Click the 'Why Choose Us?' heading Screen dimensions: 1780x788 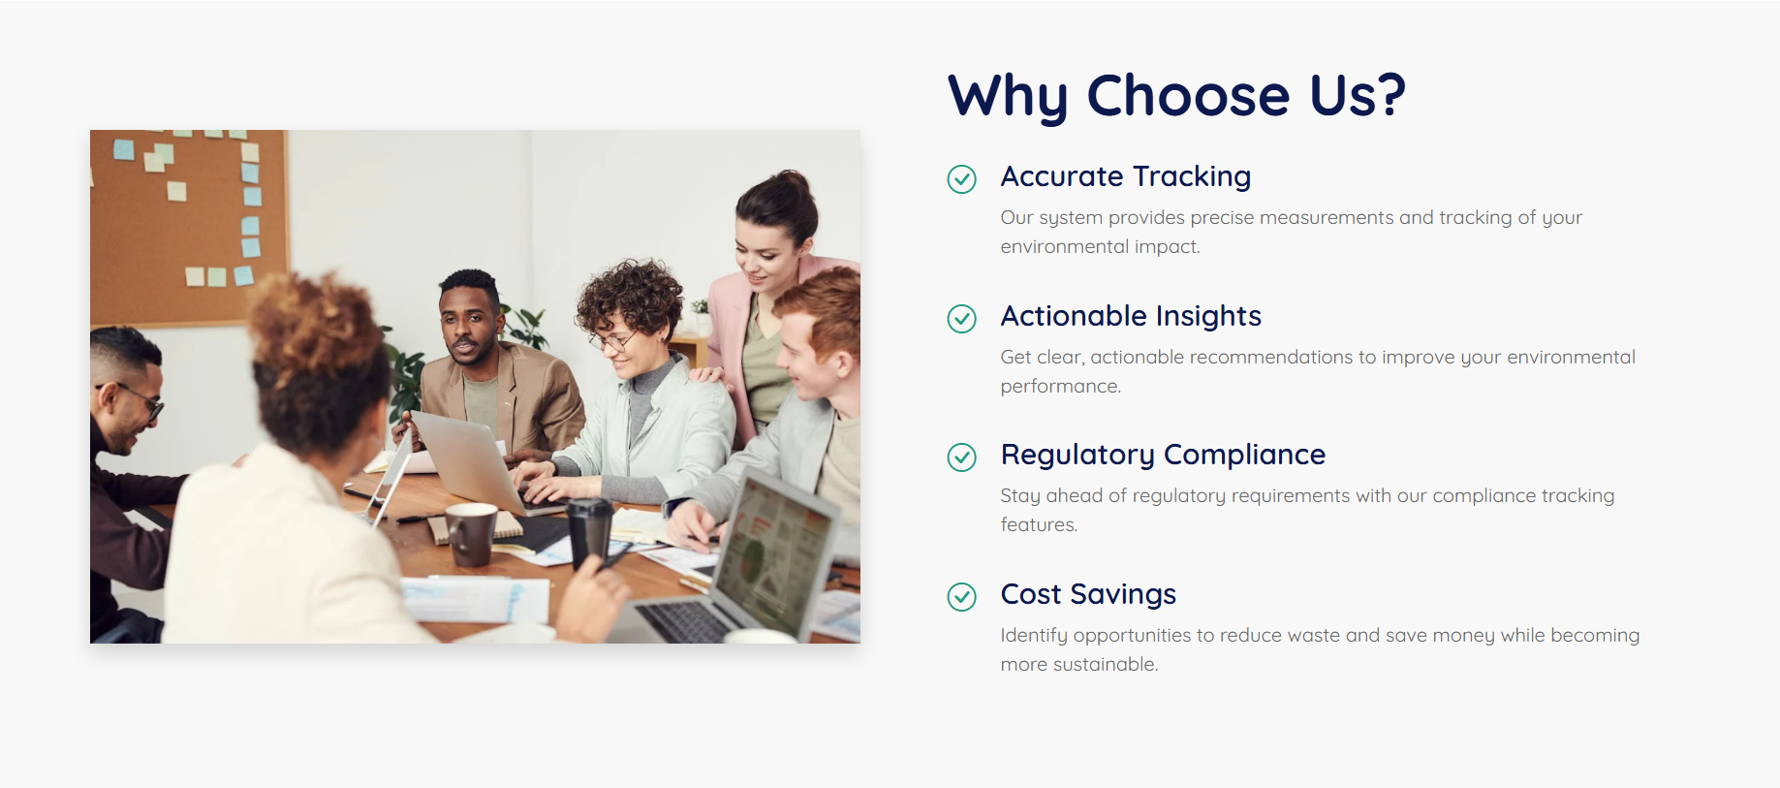(1176, 96)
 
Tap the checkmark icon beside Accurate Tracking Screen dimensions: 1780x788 (961, 179)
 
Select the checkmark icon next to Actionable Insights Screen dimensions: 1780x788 (961, 318)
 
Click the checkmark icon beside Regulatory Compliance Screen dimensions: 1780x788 (961, 457)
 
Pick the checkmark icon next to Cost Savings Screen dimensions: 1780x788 (961, 597)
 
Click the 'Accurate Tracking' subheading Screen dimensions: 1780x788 (1126, 177)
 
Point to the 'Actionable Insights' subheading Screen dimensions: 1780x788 (1131, 317)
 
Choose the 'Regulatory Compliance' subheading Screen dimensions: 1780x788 (1163, 456)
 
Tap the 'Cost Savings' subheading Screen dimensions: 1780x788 (1088, 595)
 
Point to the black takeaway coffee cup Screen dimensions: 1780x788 (590, 534)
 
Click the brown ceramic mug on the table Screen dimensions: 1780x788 (470, 534)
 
